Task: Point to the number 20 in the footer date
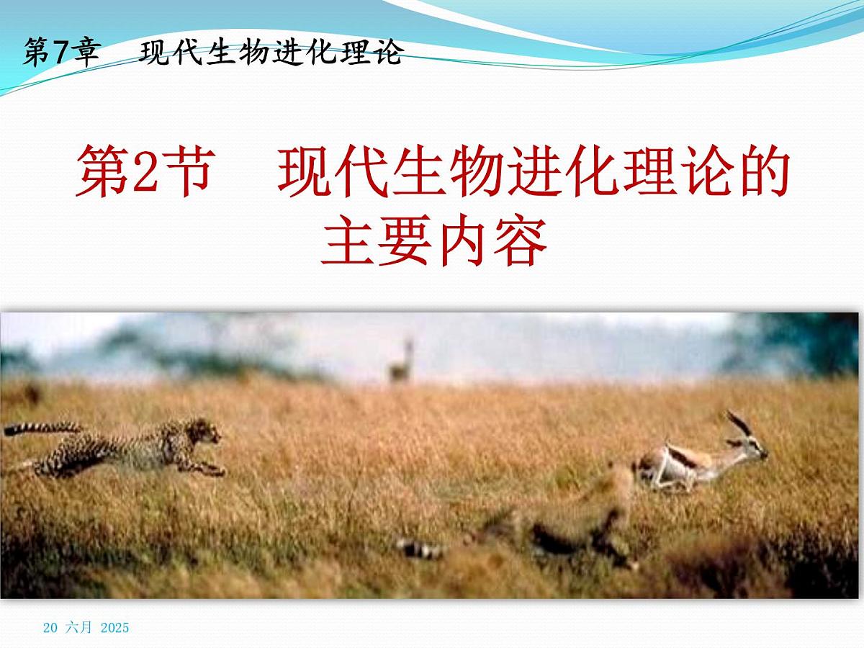tap(50, 628)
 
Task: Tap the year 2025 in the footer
tap(115, 628)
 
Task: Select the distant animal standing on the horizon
tap(402, 364)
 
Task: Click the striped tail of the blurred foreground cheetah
tap(421, 549)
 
